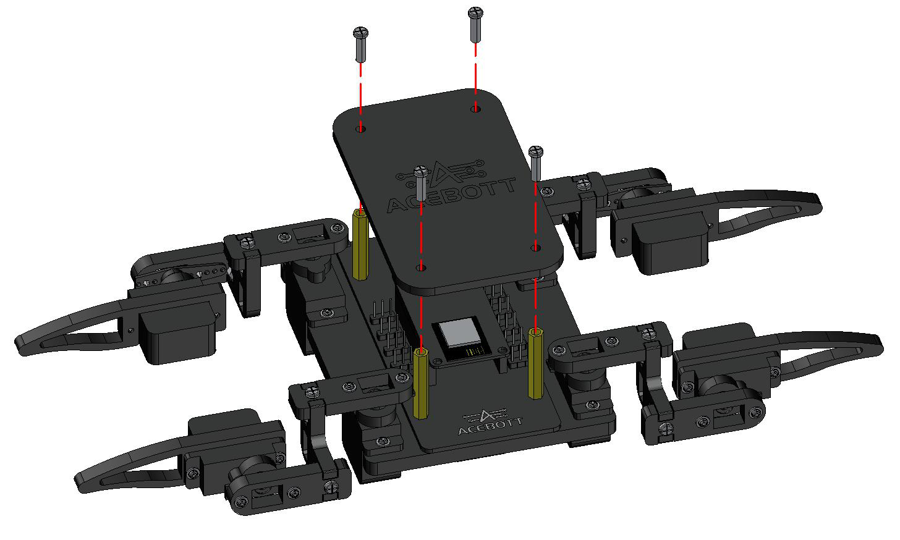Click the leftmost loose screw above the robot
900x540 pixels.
[x=361, y=44]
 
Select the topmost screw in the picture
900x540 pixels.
[x=475, y=25]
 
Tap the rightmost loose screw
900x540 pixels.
[x=536, y=163]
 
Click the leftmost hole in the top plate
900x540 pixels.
[x=361, y=129]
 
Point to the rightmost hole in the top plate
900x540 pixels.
[x=535, y=247]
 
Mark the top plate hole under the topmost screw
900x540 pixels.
[x=475, y=108]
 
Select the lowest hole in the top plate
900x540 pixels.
[x=421, y=268]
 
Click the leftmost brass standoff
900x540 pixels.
[x=360, y=245]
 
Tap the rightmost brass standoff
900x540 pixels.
[x=536, y=363]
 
